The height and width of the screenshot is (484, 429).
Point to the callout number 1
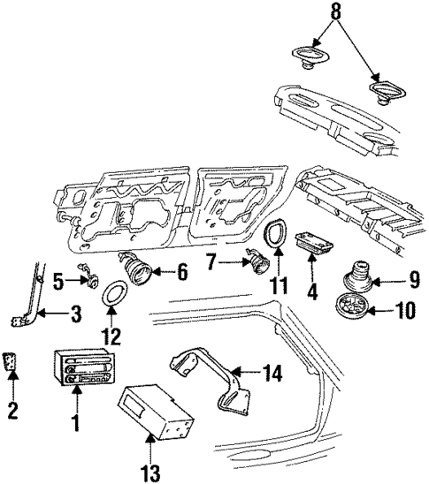(75, 423)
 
